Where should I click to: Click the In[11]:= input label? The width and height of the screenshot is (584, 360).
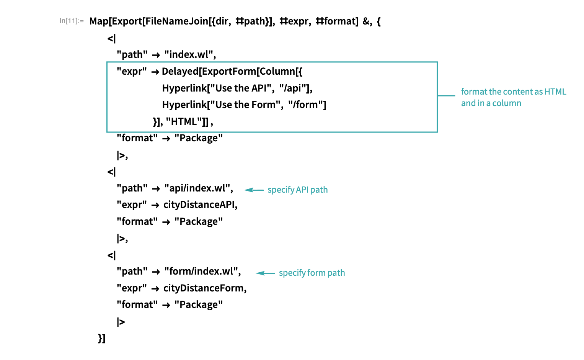[x=72, y=21]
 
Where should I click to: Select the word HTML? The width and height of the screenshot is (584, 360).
[x=555, y=92]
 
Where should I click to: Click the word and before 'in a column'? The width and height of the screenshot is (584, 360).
[x=468, y=103]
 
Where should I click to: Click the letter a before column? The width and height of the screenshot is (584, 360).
[x=488, y=103]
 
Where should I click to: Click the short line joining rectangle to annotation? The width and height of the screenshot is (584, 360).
[x=446, y=95]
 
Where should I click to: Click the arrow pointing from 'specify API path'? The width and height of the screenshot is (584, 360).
[x=254, y=190]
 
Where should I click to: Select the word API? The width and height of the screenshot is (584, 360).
[x=302, y=190]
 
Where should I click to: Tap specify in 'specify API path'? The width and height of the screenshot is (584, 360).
[x=281, y=190]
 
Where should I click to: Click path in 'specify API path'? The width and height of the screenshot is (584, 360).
[x=319, y=190]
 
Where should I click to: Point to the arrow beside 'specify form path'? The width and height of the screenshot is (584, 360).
[x=265, y=273]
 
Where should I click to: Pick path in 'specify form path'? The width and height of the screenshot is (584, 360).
[x=336, y=273]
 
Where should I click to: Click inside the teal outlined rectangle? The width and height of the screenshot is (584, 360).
[x=272, y=97]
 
